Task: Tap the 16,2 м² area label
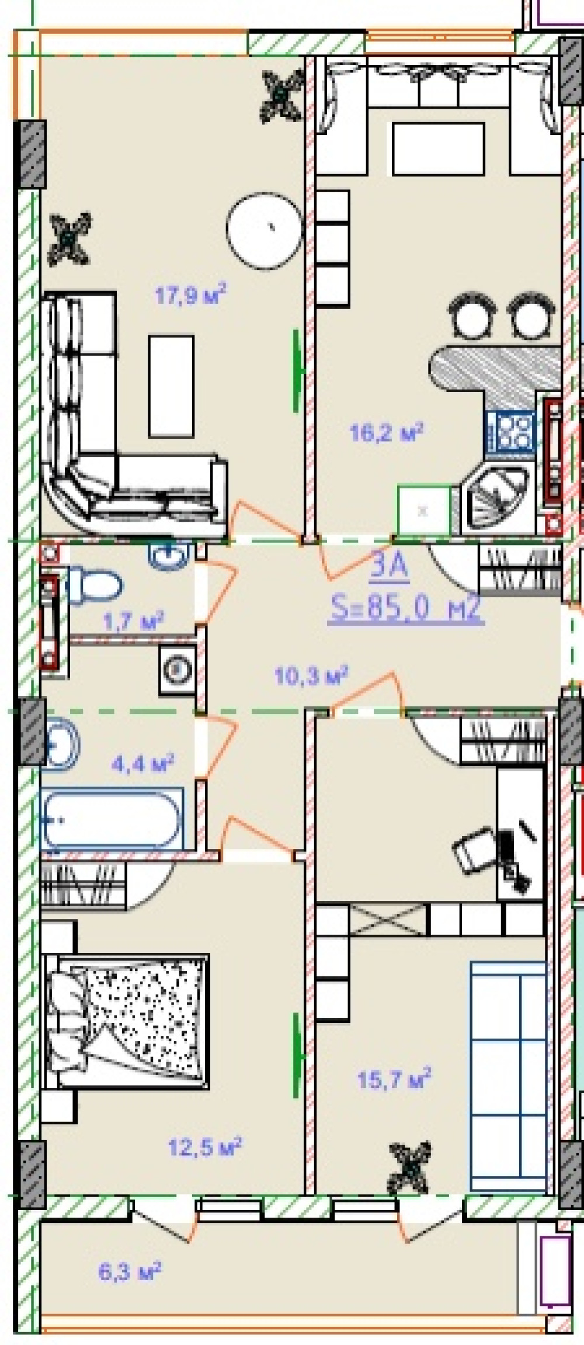386,432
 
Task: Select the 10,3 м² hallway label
311,675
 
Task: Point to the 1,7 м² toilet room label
133,620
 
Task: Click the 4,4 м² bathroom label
143,763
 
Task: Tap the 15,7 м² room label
394,1079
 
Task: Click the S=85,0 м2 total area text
406,610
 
